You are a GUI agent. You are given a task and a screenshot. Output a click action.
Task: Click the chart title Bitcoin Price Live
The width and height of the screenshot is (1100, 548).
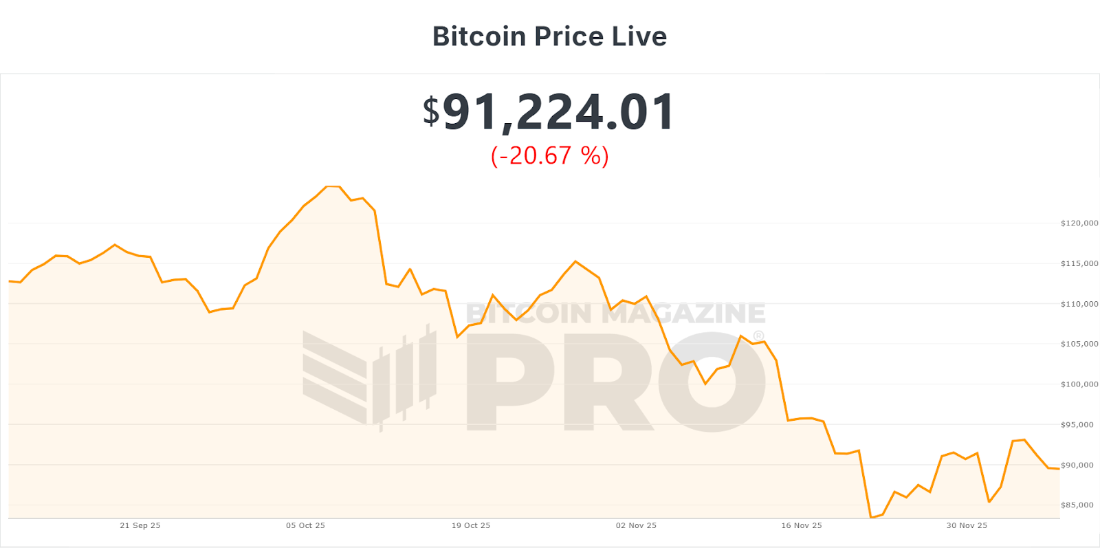point(549,36)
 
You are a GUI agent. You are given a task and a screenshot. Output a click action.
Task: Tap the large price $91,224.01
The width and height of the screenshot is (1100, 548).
point(549,112)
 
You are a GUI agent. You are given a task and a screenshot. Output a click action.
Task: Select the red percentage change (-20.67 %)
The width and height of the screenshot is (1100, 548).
point(549,155)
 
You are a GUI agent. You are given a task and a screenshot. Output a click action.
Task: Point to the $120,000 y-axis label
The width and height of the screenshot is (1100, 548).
point(1079,223)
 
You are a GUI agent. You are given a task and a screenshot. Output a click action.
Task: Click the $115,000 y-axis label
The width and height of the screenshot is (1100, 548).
point(1079,263)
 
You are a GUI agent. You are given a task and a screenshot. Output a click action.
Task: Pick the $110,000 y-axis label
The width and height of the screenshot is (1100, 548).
point(1079,303)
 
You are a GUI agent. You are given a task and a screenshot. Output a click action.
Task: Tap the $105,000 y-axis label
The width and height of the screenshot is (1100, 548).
point(1079,344)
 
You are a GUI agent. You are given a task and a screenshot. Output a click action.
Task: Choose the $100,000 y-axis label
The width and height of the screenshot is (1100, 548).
point(1079,384)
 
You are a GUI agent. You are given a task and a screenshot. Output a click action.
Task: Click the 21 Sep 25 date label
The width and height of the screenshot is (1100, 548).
point(140,525)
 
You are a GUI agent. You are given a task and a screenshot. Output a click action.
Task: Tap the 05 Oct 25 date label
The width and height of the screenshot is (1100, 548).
point(305,525)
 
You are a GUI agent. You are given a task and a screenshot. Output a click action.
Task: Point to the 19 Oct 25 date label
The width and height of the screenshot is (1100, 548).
point(471,525)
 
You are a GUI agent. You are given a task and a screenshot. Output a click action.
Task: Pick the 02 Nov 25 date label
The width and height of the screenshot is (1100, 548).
point(636,525)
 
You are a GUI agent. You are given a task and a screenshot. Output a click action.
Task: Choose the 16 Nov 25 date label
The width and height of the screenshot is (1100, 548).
point(802,525)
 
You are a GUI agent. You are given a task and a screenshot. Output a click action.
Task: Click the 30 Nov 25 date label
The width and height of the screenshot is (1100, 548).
point(967,525)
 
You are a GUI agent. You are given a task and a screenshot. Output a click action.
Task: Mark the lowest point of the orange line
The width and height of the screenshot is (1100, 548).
point(871,517)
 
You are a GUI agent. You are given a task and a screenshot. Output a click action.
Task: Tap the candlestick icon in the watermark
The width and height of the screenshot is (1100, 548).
point(370,377)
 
